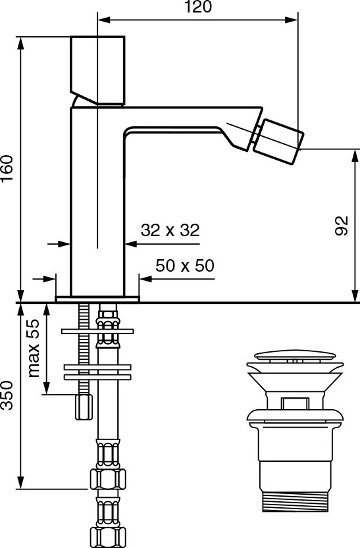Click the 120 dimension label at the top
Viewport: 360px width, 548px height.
pyautogui.click(x=198, y=7)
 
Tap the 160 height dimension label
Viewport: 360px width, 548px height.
pyautogui.click(x=7, y=168)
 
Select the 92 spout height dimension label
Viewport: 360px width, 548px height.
pyautogui.click(x=342, y=226)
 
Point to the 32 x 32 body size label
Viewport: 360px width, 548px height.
pyautogui.click(x=170, y=230)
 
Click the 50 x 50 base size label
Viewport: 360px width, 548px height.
pyautogui.click(x=185, y=266)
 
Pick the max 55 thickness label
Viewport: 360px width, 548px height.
pyautogui.click(x=34, y=348)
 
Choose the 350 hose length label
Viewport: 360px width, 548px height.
pyautogui.click(x=7, y=395)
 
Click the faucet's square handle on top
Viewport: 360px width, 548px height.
pyautogui.click(x=97, y=70)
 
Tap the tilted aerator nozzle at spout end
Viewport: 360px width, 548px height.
pyautogui.click(x=278, y=141)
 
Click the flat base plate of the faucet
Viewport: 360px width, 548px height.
pyautogui.click(x=97, y=299)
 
